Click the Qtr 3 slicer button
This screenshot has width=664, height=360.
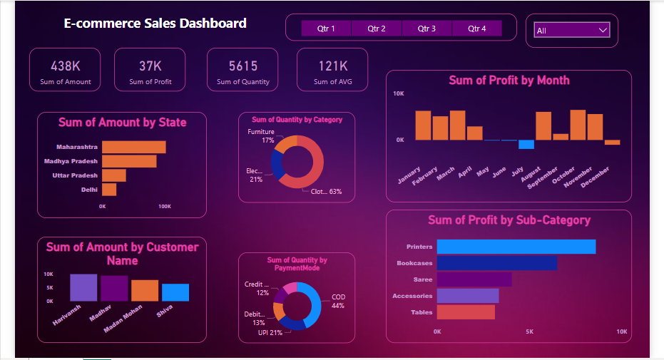[x=427, y=29]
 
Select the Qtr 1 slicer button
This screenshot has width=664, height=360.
[x=326, y=29]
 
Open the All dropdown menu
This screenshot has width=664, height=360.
[x=572, y=31]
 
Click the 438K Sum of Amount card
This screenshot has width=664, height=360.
[x=66, y=71]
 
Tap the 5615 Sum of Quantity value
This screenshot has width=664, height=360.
[x=243, y=66]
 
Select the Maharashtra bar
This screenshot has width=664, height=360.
[x=133, y=147]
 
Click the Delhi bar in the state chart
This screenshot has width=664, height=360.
[x=109, y=190]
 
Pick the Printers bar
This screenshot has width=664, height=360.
[x=516, y=247]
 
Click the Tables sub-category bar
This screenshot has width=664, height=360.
[x=465, y=312]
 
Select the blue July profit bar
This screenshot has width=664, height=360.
[x=526, y=145]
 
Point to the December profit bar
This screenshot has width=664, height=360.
[x=612, y=143]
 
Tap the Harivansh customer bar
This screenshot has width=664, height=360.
[x=83, y=287]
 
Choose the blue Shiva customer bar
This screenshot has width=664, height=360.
[x=175, y=292]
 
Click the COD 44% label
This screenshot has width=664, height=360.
[x=338, y=301]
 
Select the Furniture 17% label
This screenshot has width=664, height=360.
[x=261, y=136]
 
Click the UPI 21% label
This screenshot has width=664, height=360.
[x=270, y=333]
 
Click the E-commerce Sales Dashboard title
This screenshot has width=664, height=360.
[x=155, y=24]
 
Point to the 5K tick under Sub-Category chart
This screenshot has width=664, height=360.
[x=529, y=331]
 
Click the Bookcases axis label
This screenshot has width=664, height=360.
[x=414, y=263]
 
